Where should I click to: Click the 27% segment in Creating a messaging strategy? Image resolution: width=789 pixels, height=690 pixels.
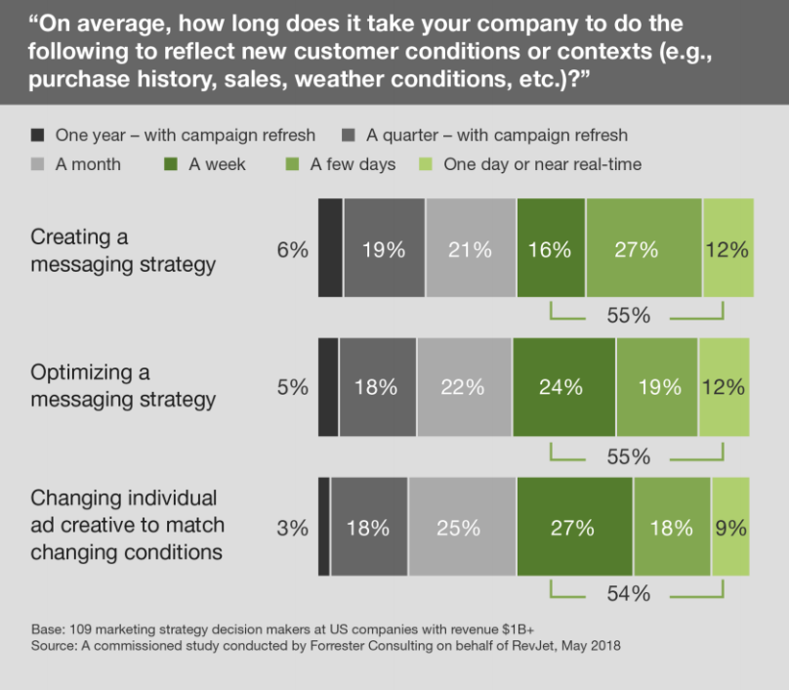(x=644, y=249)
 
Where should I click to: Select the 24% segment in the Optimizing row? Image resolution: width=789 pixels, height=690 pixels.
(x=563, y=387)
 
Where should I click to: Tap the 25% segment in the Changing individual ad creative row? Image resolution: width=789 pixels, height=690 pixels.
(x=462, y=528)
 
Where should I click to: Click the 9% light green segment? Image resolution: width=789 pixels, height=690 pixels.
(x=730, y=528)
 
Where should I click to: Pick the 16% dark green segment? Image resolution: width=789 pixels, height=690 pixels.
(x=551, y=249)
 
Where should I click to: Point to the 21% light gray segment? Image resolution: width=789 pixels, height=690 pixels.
(x=470, y=249)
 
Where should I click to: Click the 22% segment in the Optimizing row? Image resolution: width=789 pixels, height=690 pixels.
(x=464, y=387)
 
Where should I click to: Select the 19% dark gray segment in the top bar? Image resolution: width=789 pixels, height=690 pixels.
(x=384, y=249)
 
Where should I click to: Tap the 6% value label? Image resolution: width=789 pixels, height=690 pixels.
(x=292, y=250)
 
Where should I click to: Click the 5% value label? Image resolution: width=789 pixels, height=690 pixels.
(x=292, y=388)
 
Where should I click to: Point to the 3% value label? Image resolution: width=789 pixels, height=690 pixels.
(x=292, y=529)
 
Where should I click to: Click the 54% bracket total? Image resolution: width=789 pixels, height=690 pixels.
(x=629, y=593)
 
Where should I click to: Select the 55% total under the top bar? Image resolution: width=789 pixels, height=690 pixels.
(x=629, y=316)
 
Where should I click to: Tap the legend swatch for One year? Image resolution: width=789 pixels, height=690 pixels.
(x=38, y=135)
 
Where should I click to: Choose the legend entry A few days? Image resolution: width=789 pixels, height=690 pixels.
(x=352, y=164)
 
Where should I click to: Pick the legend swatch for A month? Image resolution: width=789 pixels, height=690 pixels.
(x=38, y=164)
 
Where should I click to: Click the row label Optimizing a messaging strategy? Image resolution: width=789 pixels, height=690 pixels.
(x=123, y=386)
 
